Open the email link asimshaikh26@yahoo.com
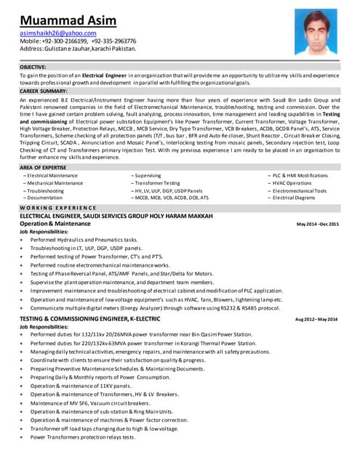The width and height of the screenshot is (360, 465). click(x=57, y=33)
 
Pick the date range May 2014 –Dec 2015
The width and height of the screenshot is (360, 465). click(x=318, y=224)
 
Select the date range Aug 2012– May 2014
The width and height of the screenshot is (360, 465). click(x=316, y=319)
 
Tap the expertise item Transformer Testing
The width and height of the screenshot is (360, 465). click(x=156, y=182)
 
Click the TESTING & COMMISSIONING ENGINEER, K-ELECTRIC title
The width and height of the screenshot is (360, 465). click(x=90, y=318)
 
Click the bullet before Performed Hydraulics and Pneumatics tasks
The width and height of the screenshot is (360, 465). click(x=23, y=239)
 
